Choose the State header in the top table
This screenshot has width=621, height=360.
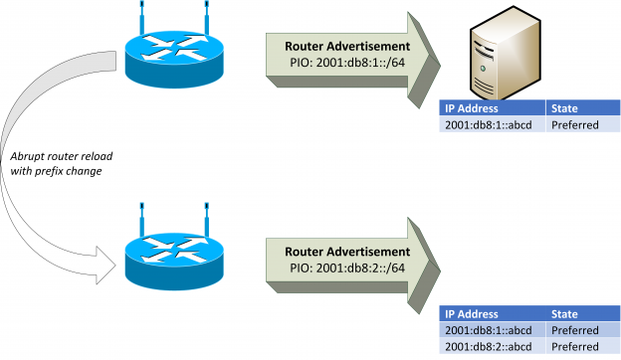click(x=564, y=108)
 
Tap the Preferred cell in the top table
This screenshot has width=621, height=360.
click(x=574, y=126)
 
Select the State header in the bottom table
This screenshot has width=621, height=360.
click(x=564, y=313)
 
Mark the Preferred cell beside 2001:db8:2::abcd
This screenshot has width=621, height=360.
click(x=574, y=346)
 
